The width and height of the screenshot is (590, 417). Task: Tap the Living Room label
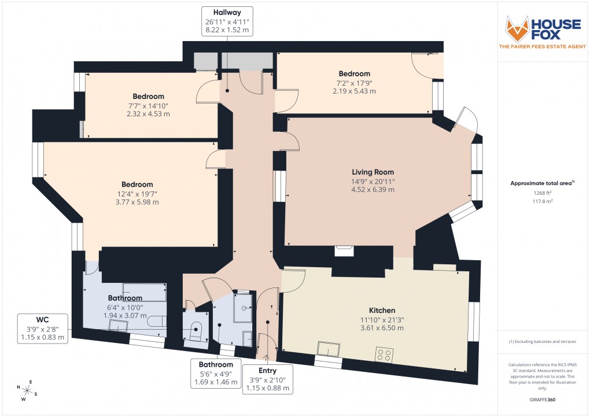(373, 172)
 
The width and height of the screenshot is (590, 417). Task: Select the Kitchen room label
(382, 311)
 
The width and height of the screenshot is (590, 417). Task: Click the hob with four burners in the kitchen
(384, 353)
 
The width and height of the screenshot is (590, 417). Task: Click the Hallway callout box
(226, 21)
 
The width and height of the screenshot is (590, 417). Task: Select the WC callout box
(42, 328)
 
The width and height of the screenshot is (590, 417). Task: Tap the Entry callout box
(267, 379)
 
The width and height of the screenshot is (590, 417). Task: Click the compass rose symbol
(26, 391)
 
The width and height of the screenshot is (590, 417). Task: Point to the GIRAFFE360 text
(543, 399)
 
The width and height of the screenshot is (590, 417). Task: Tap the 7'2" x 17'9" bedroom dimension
(354, 83)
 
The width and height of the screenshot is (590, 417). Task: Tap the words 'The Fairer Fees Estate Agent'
(543, 46)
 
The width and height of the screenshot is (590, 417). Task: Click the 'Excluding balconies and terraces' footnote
(543, 342)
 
